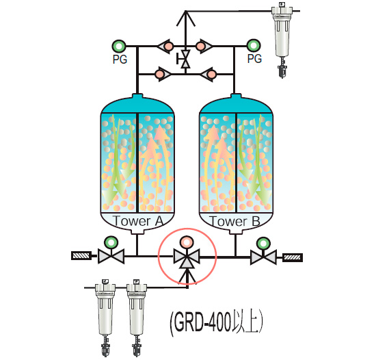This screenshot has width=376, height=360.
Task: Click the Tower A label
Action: [x=138, y=221]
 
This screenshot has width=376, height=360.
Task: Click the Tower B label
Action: [x=234, y=221]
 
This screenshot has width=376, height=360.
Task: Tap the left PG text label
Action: [x=120, y=59]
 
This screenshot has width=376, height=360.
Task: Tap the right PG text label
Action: [x=254, y=59]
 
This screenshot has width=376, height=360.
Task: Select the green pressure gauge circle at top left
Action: [x=119, y=46]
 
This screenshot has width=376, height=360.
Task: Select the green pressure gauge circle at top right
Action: [x=254, y=46]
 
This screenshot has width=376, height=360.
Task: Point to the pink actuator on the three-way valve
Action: [x=187, y=242]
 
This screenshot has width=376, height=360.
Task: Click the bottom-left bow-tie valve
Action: [x=111, y=257]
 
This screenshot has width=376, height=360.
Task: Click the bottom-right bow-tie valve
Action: [x=263, y=257]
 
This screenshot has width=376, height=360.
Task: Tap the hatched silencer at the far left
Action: [x=81, y=255]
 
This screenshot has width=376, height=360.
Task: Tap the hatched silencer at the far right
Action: [x=293, y=257]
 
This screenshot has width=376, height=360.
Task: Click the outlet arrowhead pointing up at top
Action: [x=185, y=18]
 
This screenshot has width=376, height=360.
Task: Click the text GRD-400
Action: [x=202, y=322]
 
